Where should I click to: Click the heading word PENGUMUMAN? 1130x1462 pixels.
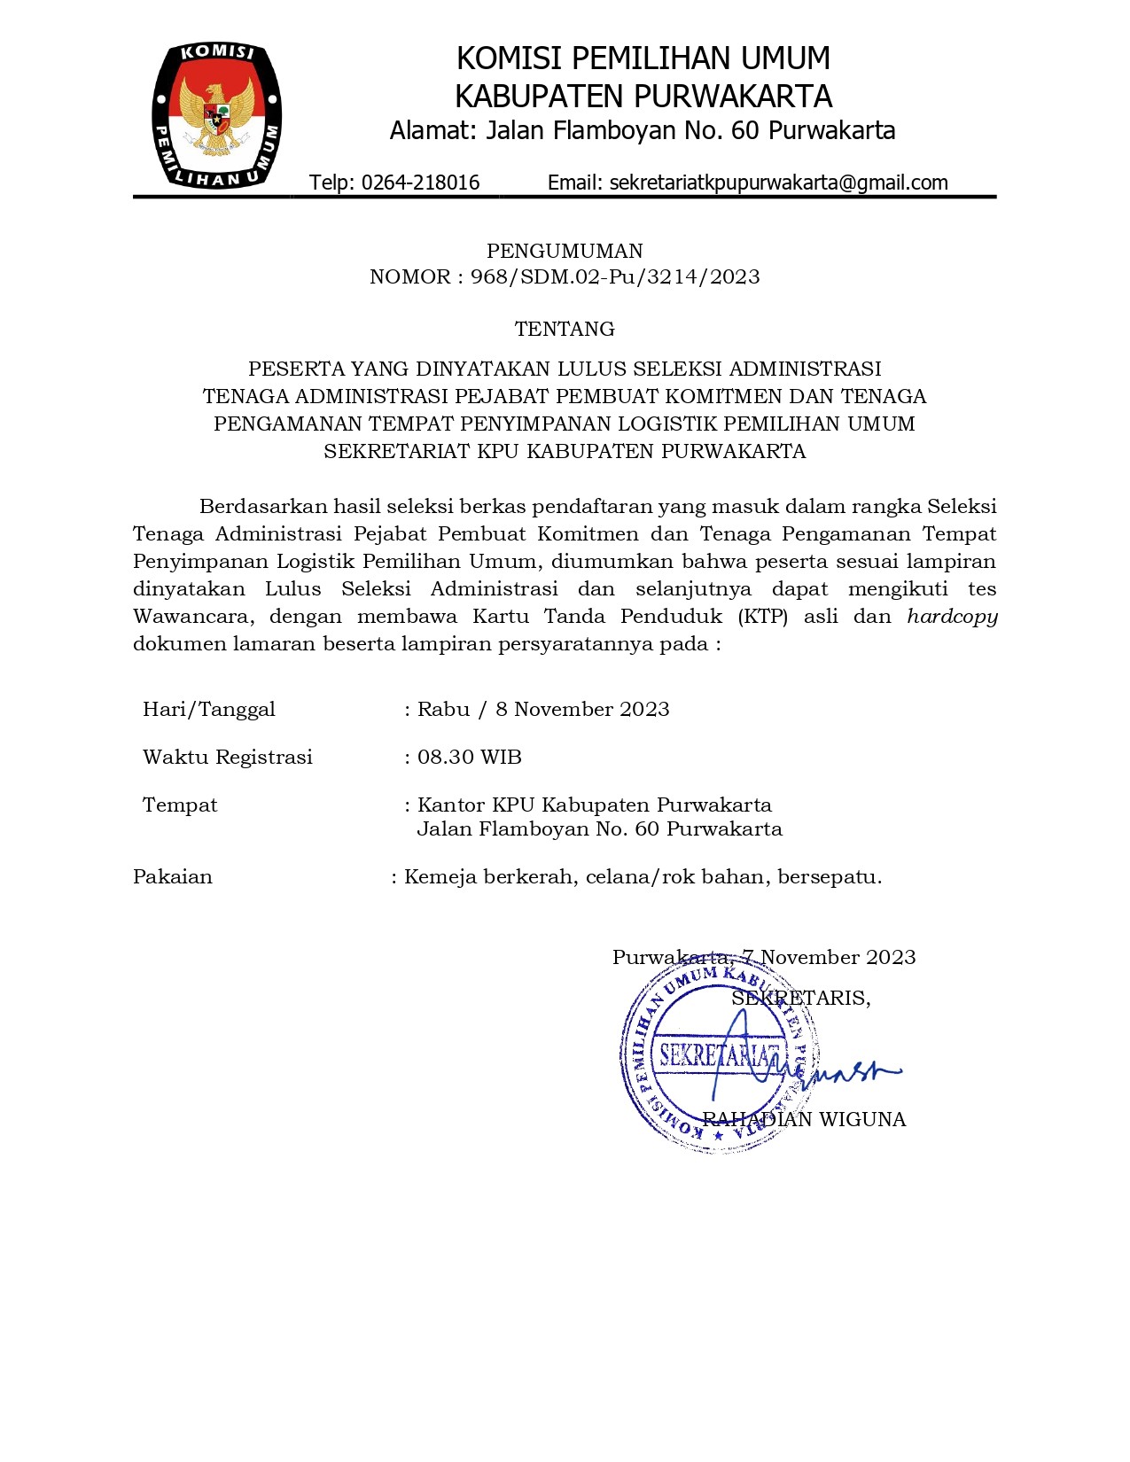click(565, 251)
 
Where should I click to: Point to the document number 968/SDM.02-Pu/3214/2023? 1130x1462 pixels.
click(615, 276)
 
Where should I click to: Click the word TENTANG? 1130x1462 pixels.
click(565, 329)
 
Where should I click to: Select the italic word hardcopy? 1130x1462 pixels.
click(952, 617)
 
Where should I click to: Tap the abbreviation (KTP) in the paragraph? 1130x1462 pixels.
click(762, 617)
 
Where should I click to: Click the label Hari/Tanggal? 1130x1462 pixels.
click(209, 710)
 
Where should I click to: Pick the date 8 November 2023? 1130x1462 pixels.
click(582, 709)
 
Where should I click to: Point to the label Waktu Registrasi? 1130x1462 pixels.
click(228, 757)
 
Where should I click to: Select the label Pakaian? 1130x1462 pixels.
click(173, 877)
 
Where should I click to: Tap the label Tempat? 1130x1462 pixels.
click(180, 805)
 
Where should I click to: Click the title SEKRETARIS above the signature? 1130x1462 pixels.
click(800, 999)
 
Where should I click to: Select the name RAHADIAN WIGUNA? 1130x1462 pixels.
click(804, 1119)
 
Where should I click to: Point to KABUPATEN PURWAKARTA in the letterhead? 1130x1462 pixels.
click(643, 96)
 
